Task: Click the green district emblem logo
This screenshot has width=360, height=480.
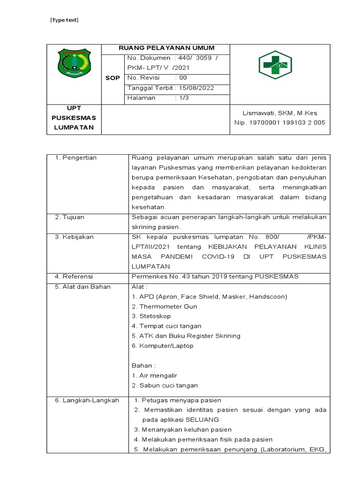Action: (74, 64)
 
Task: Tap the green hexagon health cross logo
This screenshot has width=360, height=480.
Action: (276, 65)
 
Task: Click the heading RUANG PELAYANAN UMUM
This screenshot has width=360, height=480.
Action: (166, 48)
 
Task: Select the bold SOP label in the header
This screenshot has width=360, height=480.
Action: (112, 78)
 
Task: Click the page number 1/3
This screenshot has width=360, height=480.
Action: (181, 98)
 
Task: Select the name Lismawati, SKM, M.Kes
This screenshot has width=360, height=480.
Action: (279, 113)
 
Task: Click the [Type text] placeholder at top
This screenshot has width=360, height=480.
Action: (64, 20)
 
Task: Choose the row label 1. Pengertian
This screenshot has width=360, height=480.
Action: (76, 157)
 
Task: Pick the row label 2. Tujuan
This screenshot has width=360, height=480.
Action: (70, 217)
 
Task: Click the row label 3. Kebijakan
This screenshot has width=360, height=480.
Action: (75, 237)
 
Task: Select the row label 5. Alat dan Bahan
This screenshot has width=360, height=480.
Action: (82, 286)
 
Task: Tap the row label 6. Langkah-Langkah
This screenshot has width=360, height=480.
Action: (87, 400)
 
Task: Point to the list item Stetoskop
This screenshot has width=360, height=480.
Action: (155, 316)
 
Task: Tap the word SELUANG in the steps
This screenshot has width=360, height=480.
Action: (202, 420)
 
